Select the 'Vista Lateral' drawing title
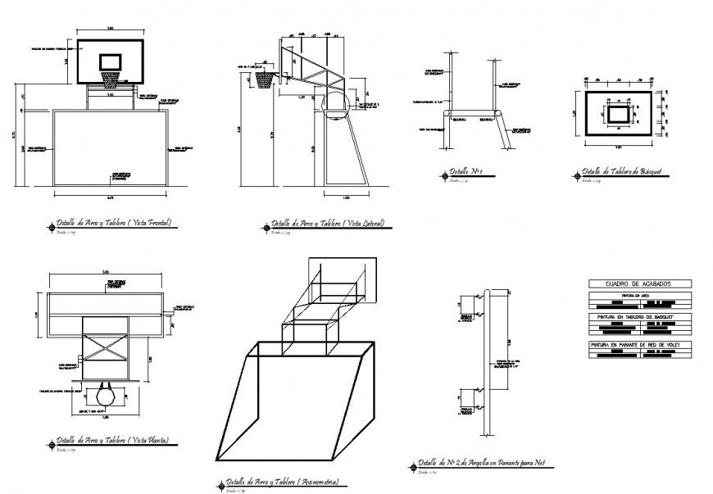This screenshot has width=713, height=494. (x=328, y=223)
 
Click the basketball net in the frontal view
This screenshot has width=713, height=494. (x=110, y=78)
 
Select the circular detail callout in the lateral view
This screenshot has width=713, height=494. (x=336, y=105)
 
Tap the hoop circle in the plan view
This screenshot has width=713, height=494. (x=106, y=396)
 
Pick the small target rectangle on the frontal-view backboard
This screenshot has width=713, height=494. (x=110, y=61)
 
